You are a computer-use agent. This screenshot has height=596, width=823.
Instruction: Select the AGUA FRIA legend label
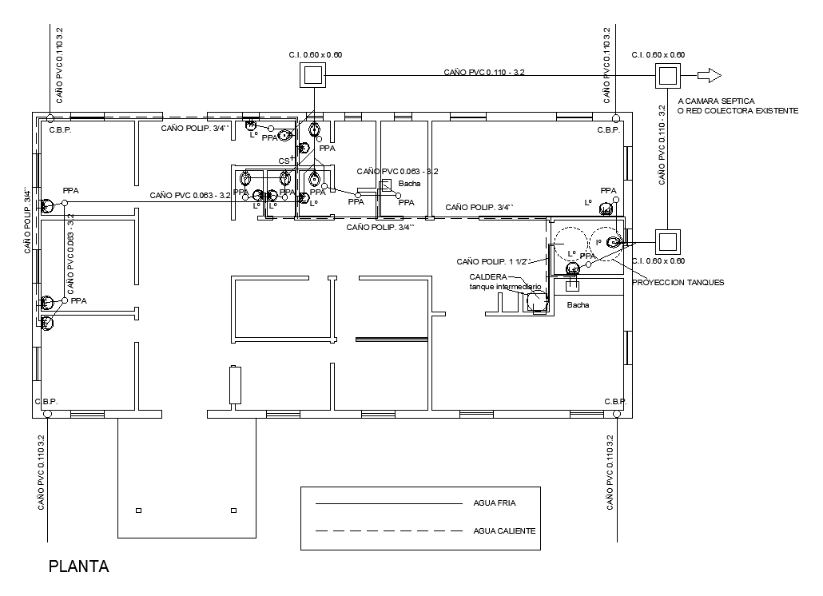495,504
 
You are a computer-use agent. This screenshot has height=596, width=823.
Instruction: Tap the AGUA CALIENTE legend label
504,530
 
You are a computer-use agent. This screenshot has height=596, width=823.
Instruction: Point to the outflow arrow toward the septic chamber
709,76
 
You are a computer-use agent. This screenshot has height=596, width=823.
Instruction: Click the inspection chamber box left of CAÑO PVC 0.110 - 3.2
314,76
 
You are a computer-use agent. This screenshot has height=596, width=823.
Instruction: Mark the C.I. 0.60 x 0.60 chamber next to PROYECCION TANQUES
666,241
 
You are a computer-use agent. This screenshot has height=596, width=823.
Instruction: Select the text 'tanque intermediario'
505,286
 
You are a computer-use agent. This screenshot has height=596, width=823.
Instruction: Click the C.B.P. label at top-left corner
60,129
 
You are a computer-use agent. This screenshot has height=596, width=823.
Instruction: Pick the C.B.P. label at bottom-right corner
614,401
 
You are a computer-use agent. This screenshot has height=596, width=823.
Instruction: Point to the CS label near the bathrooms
284,161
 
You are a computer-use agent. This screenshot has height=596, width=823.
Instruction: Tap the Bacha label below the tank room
577,305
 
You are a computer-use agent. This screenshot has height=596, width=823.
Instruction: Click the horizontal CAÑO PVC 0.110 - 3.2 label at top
484,73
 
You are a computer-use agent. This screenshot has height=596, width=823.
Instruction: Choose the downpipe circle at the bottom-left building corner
48,414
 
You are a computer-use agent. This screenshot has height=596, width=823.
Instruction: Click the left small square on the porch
139,510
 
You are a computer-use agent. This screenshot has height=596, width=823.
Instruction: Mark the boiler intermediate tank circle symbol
537,301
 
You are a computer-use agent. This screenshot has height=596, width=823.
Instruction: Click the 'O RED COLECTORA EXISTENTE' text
737,110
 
